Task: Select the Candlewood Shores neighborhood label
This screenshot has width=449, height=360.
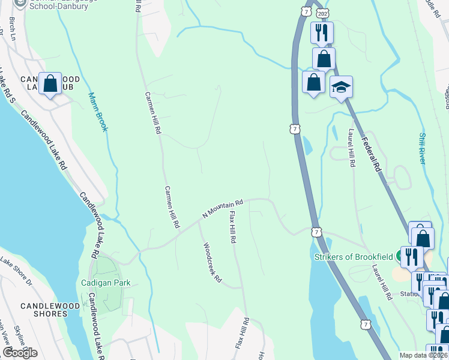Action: (x=43, y=310)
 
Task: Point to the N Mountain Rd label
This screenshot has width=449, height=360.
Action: (x=222, y=209)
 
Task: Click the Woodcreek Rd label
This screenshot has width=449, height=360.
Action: (x=212, y=263)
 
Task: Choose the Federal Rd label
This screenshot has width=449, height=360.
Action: (x=372, y=154)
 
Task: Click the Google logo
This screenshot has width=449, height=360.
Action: (x=20, y=353)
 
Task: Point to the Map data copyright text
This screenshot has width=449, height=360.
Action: (x=424, y=355)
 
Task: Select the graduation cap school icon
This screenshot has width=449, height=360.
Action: (x=341, y=88)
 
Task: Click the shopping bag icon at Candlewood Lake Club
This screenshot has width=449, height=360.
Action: (x=50, y=83)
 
